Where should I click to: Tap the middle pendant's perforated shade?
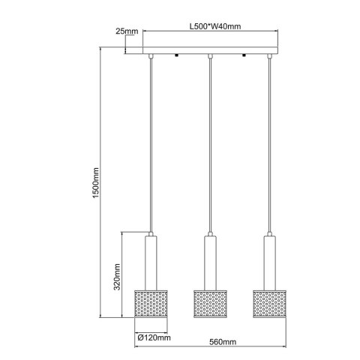[211, 301]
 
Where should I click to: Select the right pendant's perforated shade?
[270, 301]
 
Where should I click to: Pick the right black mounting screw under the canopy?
[244, 57]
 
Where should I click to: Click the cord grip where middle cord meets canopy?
[211, 57]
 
